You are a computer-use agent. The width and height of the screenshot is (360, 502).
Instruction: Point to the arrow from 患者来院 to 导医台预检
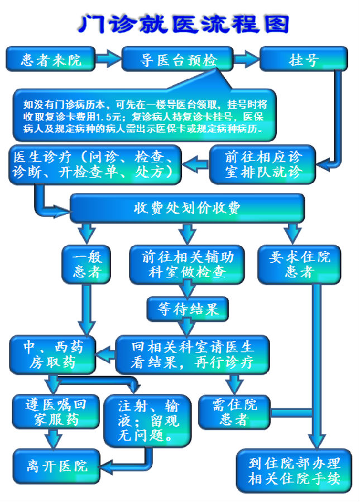109,58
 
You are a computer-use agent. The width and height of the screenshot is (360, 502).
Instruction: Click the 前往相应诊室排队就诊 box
262,163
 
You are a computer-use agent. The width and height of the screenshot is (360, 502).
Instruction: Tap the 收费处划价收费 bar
187,209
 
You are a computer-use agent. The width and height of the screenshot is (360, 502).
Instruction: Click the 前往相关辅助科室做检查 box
187,264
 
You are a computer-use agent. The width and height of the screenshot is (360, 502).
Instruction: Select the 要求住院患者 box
299,264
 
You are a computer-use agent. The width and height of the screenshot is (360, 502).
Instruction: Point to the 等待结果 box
187,308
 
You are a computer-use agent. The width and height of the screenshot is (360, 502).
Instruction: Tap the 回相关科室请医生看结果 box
193,354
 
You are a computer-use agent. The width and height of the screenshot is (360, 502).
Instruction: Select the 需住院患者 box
234,412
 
